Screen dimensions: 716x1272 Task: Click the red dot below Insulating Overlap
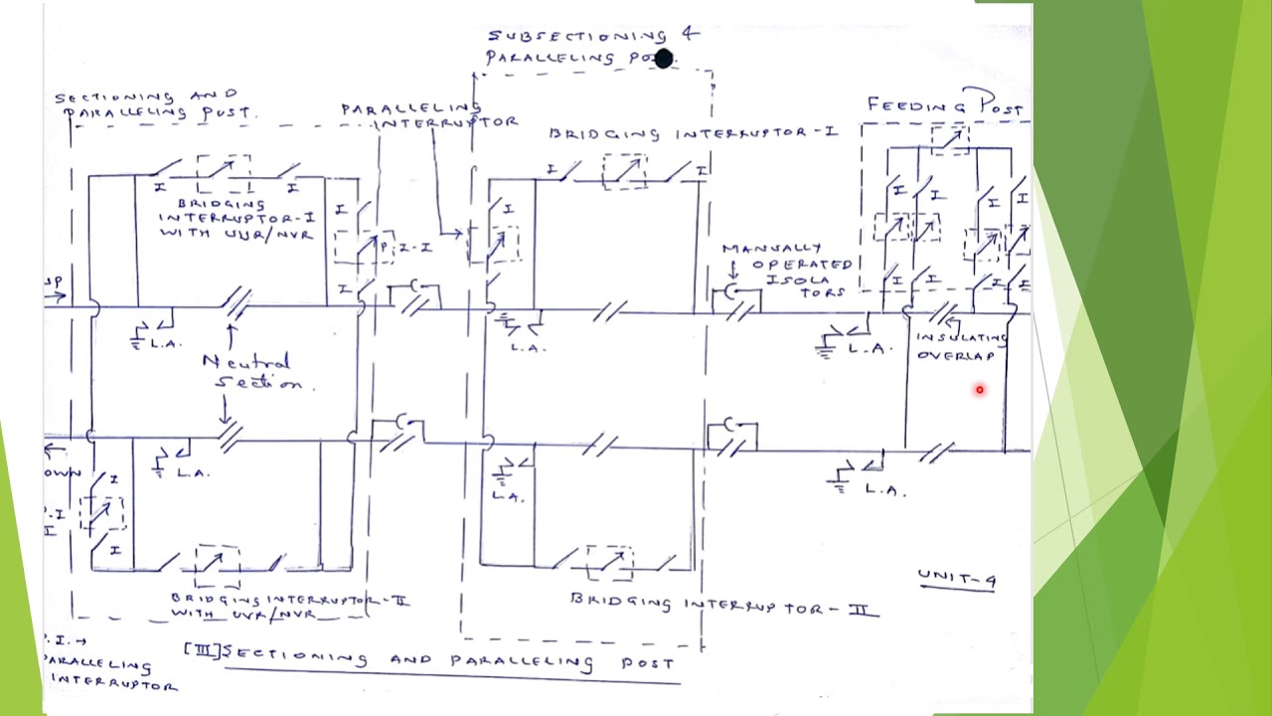[x=979, y=390]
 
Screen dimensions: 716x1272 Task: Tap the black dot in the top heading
[x=664, y=60]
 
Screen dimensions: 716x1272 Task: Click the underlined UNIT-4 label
[x=957, y=579]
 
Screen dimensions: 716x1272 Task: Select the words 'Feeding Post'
[x=945, y=104]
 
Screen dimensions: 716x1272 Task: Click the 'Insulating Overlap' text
[x=960, y=347]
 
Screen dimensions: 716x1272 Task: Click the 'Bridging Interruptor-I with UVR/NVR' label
[x=236, y=219]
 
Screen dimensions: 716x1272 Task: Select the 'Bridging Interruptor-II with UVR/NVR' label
[x=288, y=606]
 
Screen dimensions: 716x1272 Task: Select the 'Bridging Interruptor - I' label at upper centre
[x=693, y=133]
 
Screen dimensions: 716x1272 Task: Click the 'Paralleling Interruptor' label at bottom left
[x=109, y=673]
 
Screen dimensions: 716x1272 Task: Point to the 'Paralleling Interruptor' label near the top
[x=429, y=115]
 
